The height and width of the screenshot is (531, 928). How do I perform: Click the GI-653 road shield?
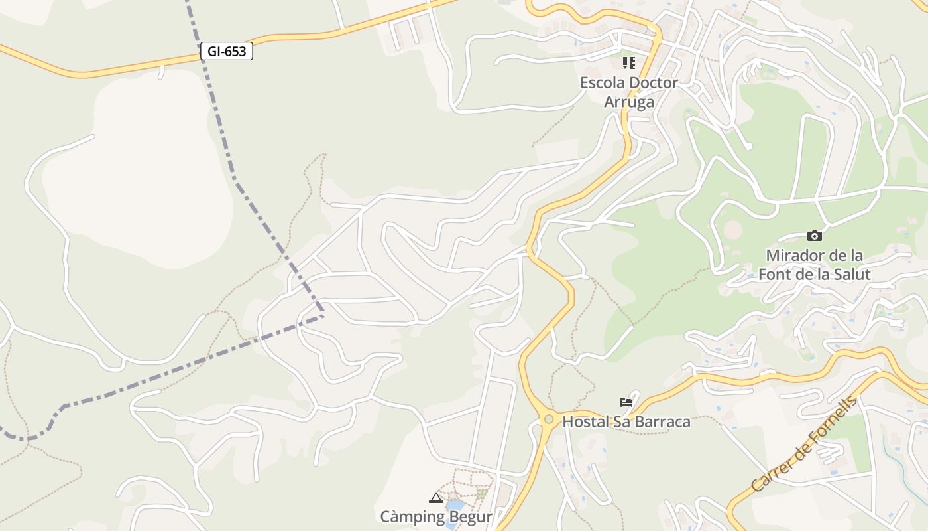pyautogui.click(x=227, y=51)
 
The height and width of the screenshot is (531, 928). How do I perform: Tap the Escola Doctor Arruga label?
pyautogui.click(x=629, y=92)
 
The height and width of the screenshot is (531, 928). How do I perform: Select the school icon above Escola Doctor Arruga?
pyautogui.click(x=628, y=63)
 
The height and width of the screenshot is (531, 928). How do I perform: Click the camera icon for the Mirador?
pyautogui.click(x=815, y=236)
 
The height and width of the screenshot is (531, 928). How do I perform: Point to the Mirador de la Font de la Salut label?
pyautogui.click(x=814, y=265)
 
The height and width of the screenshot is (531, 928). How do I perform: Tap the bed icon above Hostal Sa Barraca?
pyautogui.click(x=626, y=402)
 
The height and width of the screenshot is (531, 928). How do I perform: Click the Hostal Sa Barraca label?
pyautogui.click(x=626, y=421)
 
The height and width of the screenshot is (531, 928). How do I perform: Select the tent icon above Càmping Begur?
pyautogui.click(x=436, y=498)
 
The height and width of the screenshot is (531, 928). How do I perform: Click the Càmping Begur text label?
pyautogui.click(x=436, y=516)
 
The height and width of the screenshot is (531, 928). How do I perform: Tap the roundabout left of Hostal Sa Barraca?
pyautogui.click(x=548, y=419)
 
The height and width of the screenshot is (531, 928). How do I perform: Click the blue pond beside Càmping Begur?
pyautogui.click(x=454, y=509)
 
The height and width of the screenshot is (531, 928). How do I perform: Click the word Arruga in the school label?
pyautogui.click(x=629, y=102)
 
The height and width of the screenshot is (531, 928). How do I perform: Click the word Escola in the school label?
pyautogui.click(x=602, y=83)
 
